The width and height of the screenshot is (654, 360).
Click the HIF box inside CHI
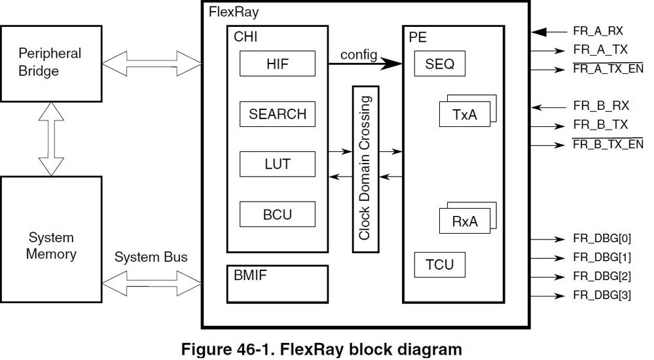click(277, 63)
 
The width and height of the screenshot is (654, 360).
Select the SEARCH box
click(277, 114)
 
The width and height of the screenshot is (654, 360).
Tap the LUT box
click(277, 164)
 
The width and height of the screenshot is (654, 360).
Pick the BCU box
click(277, 213)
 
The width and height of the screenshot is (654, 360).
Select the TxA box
click(464, 115)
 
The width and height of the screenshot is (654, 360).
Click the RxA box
click(464, 221)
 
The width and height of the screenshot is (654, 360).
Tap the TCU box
click(439, 265)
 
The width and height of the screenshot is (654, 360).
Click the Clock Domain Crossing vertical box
click(365, 169)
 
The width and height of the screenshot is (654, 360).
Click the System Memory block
click(50, 246)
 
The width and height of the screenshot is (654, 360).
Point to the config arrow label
click(359, 54)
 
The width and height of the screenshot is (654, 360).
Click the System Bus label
click(151, 257)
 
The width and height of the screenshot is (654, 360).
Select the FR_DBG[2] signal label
click(602, 276)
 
